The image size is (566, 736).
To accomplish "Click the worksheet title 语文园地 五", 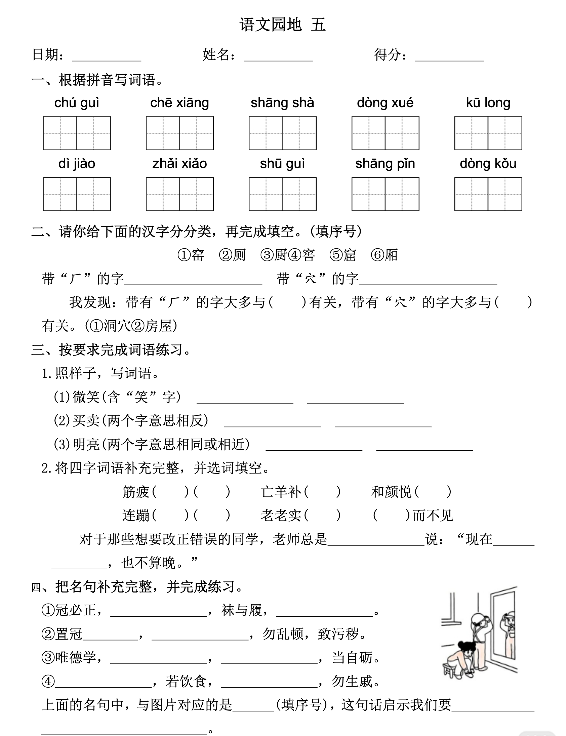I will [x=282, y=25].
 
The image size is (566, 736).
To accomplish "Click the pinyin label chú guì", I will [x=77, y=103].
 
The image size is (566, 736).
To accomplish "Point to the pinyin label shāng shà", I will [x=282, y=103].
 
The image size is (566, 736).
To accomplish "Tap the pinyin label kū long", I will [x=488, y=103].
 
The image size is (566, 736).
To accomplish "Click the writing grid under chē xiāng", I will [x=179, y=133].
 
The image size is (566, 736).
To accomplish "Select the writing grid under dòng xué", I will [x=385, y=133].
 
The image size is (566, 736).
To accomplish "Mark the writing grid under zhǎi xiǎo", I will [x=179, y=194].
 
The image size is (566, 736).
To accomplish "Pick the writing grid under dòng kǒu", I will [x=488, y=194].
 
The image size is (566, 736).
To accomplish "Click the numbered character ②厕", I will [x=233, y=255].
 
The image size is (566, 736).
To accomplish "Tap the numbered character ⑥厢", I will [x=385, y=255].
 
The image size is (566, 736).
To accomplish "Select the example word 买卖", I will [x=86, y=421].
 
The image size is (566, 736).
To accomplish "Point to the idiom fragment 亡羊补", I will [x=281, y=492].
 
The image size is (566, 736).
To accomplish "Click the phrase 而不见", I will [x=433, y=516].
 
